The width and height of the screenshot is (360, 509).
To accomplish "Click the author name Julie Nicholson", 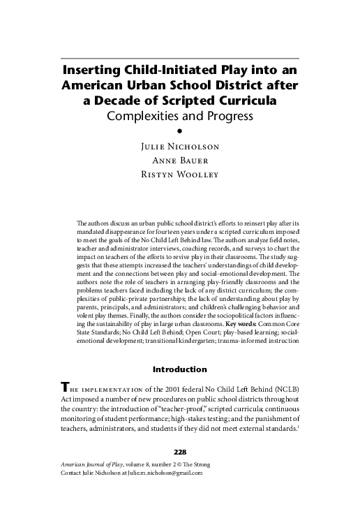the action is (180, 147).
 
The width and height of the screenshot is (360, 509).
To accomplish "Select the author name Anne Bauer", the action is (180, 161).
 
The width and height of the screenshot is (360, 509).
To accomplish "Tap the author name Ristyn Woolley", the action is (180, 174).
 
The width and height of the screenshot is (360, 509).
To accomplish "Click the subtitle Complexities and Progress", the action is (179, 115).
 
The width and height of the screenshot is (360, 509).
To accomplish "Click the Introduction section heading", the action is (180, 368).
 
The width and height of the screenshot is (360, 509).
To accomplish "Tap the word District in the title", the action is (232, 86).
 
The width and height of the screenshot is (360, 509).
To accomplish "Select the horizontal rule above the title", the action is (180, 57).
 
